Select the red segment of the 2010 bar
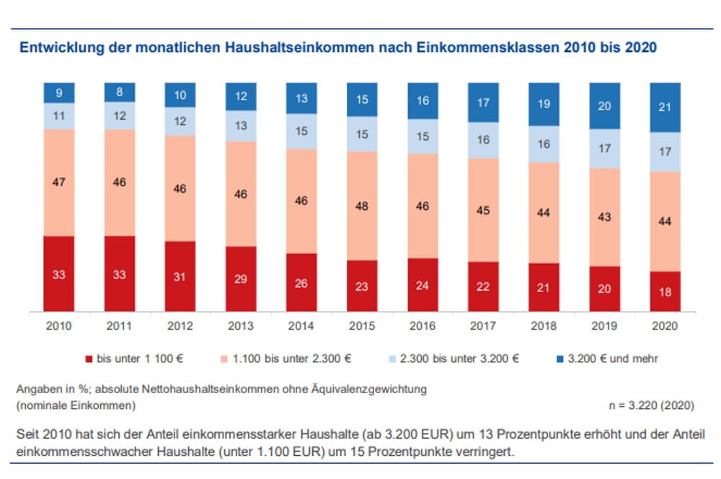[59, 273]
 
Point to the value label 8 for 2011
[119, 92]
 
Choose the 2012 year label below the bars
[180, 326]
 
